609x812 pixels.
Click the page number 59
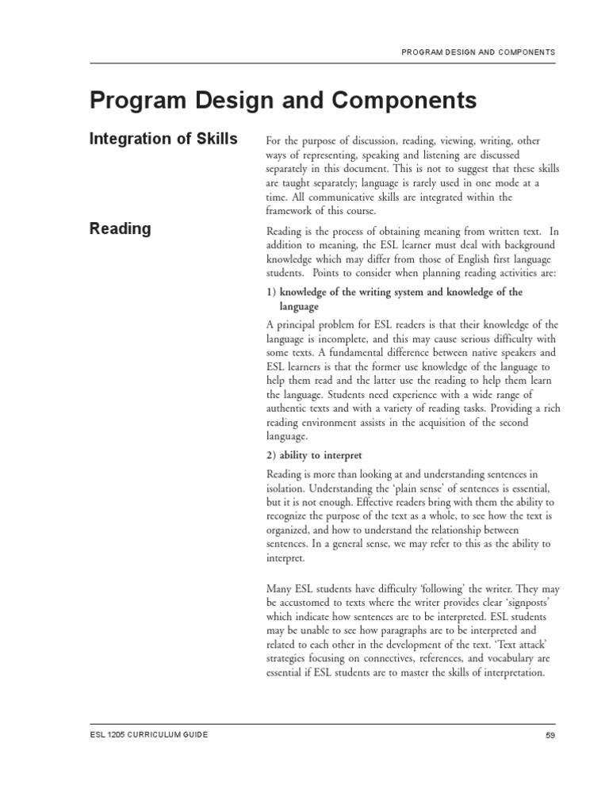[x=550, y=735]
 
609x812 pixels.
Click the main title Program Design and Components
[x=283, y=101]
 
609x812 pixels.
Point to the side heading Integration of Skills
[x=163, y=140]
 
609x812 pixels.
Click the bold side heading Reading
[x=120, y=228]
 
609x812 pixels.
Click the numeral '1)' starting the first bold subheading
[x=272, y=292]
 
